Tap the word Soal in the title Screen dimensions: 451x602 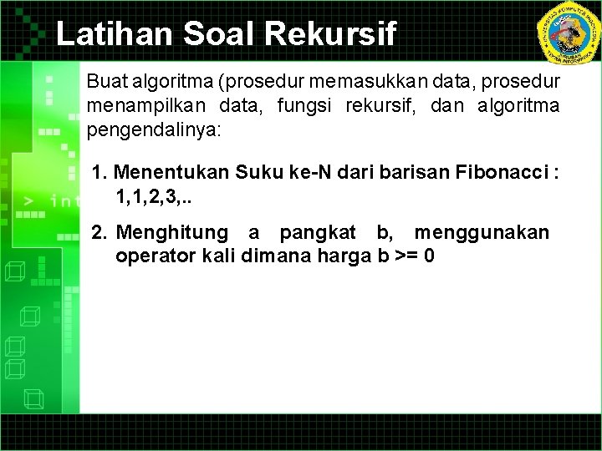tap(209, 34)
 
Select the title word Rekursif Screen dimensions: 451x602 tap(330, 34)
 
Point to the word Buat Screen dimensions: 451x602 tap(107, 83)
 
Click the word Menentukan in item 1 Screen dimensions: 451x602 tap(172, 173)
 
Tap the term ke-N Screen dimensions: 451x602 tap(308, 173)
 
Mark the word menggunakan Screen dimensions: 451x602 tap(482, 232)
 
